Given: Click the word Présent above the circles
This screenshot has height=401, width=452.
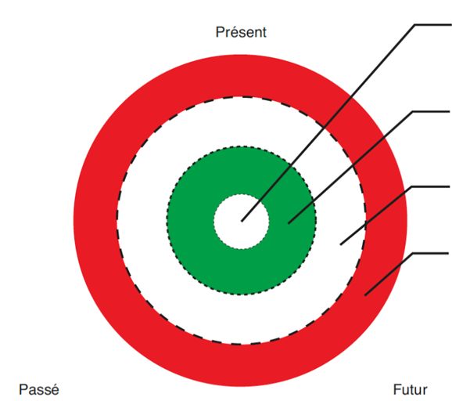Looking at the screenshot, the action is tap(241, 32).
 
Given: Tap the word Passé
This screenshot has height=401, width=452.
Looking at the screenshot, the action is tap(39, 389).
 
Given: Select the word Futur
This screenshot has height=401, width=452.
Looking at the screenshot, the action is tap(410, 390).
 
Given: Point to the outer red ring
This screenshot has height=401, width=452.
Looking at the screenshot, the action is tap(95, 221).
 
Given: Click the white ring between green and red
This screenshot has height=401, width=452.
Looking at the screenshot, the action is tap(142, 221).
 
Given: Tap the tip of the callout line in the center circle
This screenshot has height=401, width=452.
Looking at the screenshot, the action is tap(242, 222).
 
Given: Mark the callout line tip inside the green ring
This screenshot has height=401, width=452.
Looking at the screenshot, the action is tap(289, 223).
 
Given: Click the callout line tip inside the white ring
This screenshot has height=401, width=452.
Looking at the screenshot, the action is tap(341, 245).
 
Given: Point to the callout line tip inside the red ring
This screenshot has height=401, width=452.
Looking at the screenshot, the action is tap(365, 295).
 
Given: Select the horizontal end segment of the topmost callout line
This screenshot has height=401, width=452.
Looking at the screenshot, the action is tap(433, 25).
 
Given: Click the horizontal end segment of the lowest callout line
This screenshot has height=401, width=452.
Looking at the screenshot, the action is tap(430, 254).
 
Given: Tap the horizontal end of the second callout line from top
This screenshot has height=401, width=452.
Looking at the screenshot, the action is tap(431, 111).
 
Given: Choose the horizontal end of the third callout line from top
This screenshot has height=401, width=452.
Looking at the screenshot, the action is tap(430, 187).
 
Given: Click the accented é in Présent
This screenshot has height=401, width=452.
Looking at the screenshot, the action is tap(234, 32).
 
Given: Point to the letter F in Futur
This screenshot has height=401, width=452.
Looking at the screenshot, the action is tap(397, 390).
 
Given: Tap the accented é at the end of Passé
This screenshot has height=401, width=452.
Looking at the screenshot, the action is tap(55, 389).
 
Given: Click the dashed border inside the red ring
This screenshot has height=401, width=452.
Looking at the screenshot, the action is tap(117, 221).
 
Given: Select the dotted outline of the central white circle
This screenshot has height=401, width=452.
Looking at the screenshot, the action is tap(214, 222).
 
